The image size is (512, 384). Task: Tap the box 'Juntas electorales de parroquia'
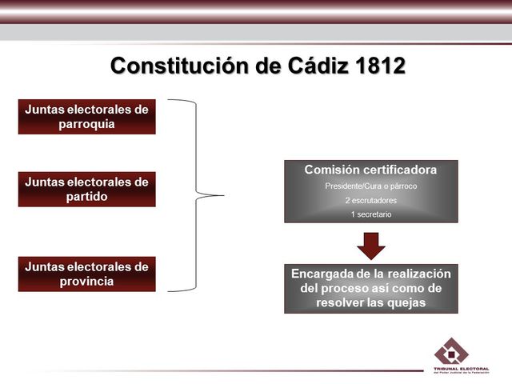[x=86, y=117]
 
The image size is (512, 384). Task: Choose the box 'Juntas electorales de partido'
[x=86, y=190]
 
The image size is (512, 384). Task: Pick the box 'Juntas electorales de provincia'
[x=86, y=274]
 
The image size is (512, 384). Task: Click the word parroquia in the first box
[x=86, y=124]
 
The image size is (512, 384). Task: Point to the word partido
[x=86, y=197]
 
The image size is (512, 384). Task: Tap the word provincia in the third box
[x=86, y=281]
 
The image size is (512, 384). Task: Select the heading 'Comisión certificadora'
[x=370, y=170]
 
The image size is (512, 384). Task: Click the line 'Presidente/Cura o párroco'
[x=370, y=186]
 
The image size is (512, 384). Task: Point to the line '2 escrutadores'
[x=370, y=200]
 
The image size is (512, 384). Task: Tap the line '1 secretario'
[x=370, y=214]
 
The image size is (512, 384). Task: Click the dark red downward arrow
[x=370, y=245]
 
